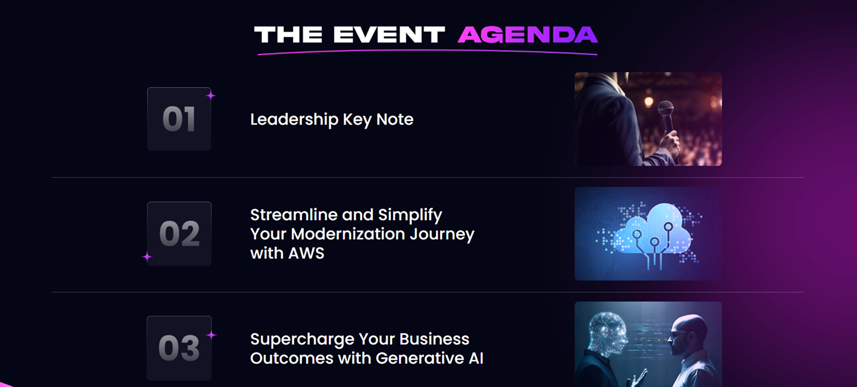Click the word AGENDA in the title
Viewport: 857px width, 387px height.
(527, 35)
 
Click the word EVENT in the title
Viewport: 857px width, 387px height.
(389, 35)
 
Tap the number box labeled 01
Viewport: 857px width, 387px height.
(179, 119)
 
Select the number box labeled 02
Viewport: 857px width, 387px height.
(179, 233)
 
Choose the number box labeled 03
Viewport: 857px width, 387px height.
(179, 348)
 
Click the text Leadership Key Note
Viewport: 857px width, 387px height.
(331, 120)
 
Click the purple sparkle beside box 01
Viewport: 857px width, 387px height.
(211, 95)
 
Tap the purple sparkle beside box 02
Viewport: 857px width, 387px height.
(147, 257)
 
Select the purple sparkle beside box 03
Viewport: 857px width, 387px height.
(211, 335)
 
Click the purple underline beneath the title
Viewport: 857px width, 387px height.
(428, 51)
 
